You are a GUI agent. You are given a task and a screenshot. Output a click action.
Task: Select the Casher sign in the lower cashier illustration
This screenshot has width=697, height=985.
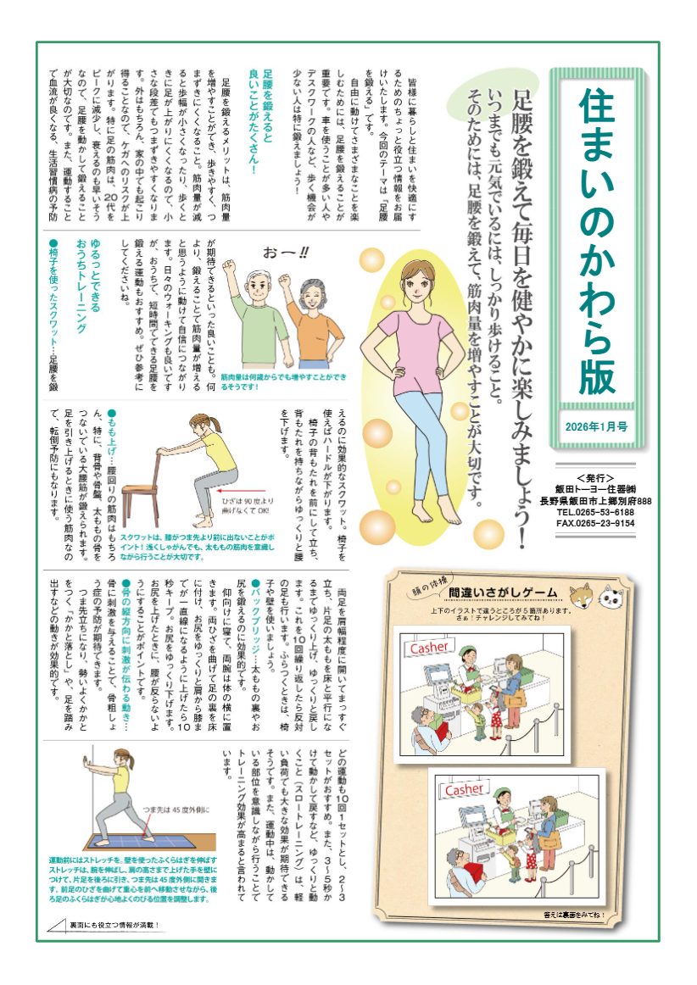click(x=464, y=789)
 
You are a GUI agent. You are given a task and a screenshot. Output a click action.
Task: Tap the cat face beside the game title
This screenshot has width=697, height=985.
click(x=610, y=597)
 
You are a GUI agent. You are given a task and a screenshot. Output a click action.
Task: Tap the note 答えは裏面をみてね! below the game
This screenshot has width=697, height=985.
click(x=576, y=915)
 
